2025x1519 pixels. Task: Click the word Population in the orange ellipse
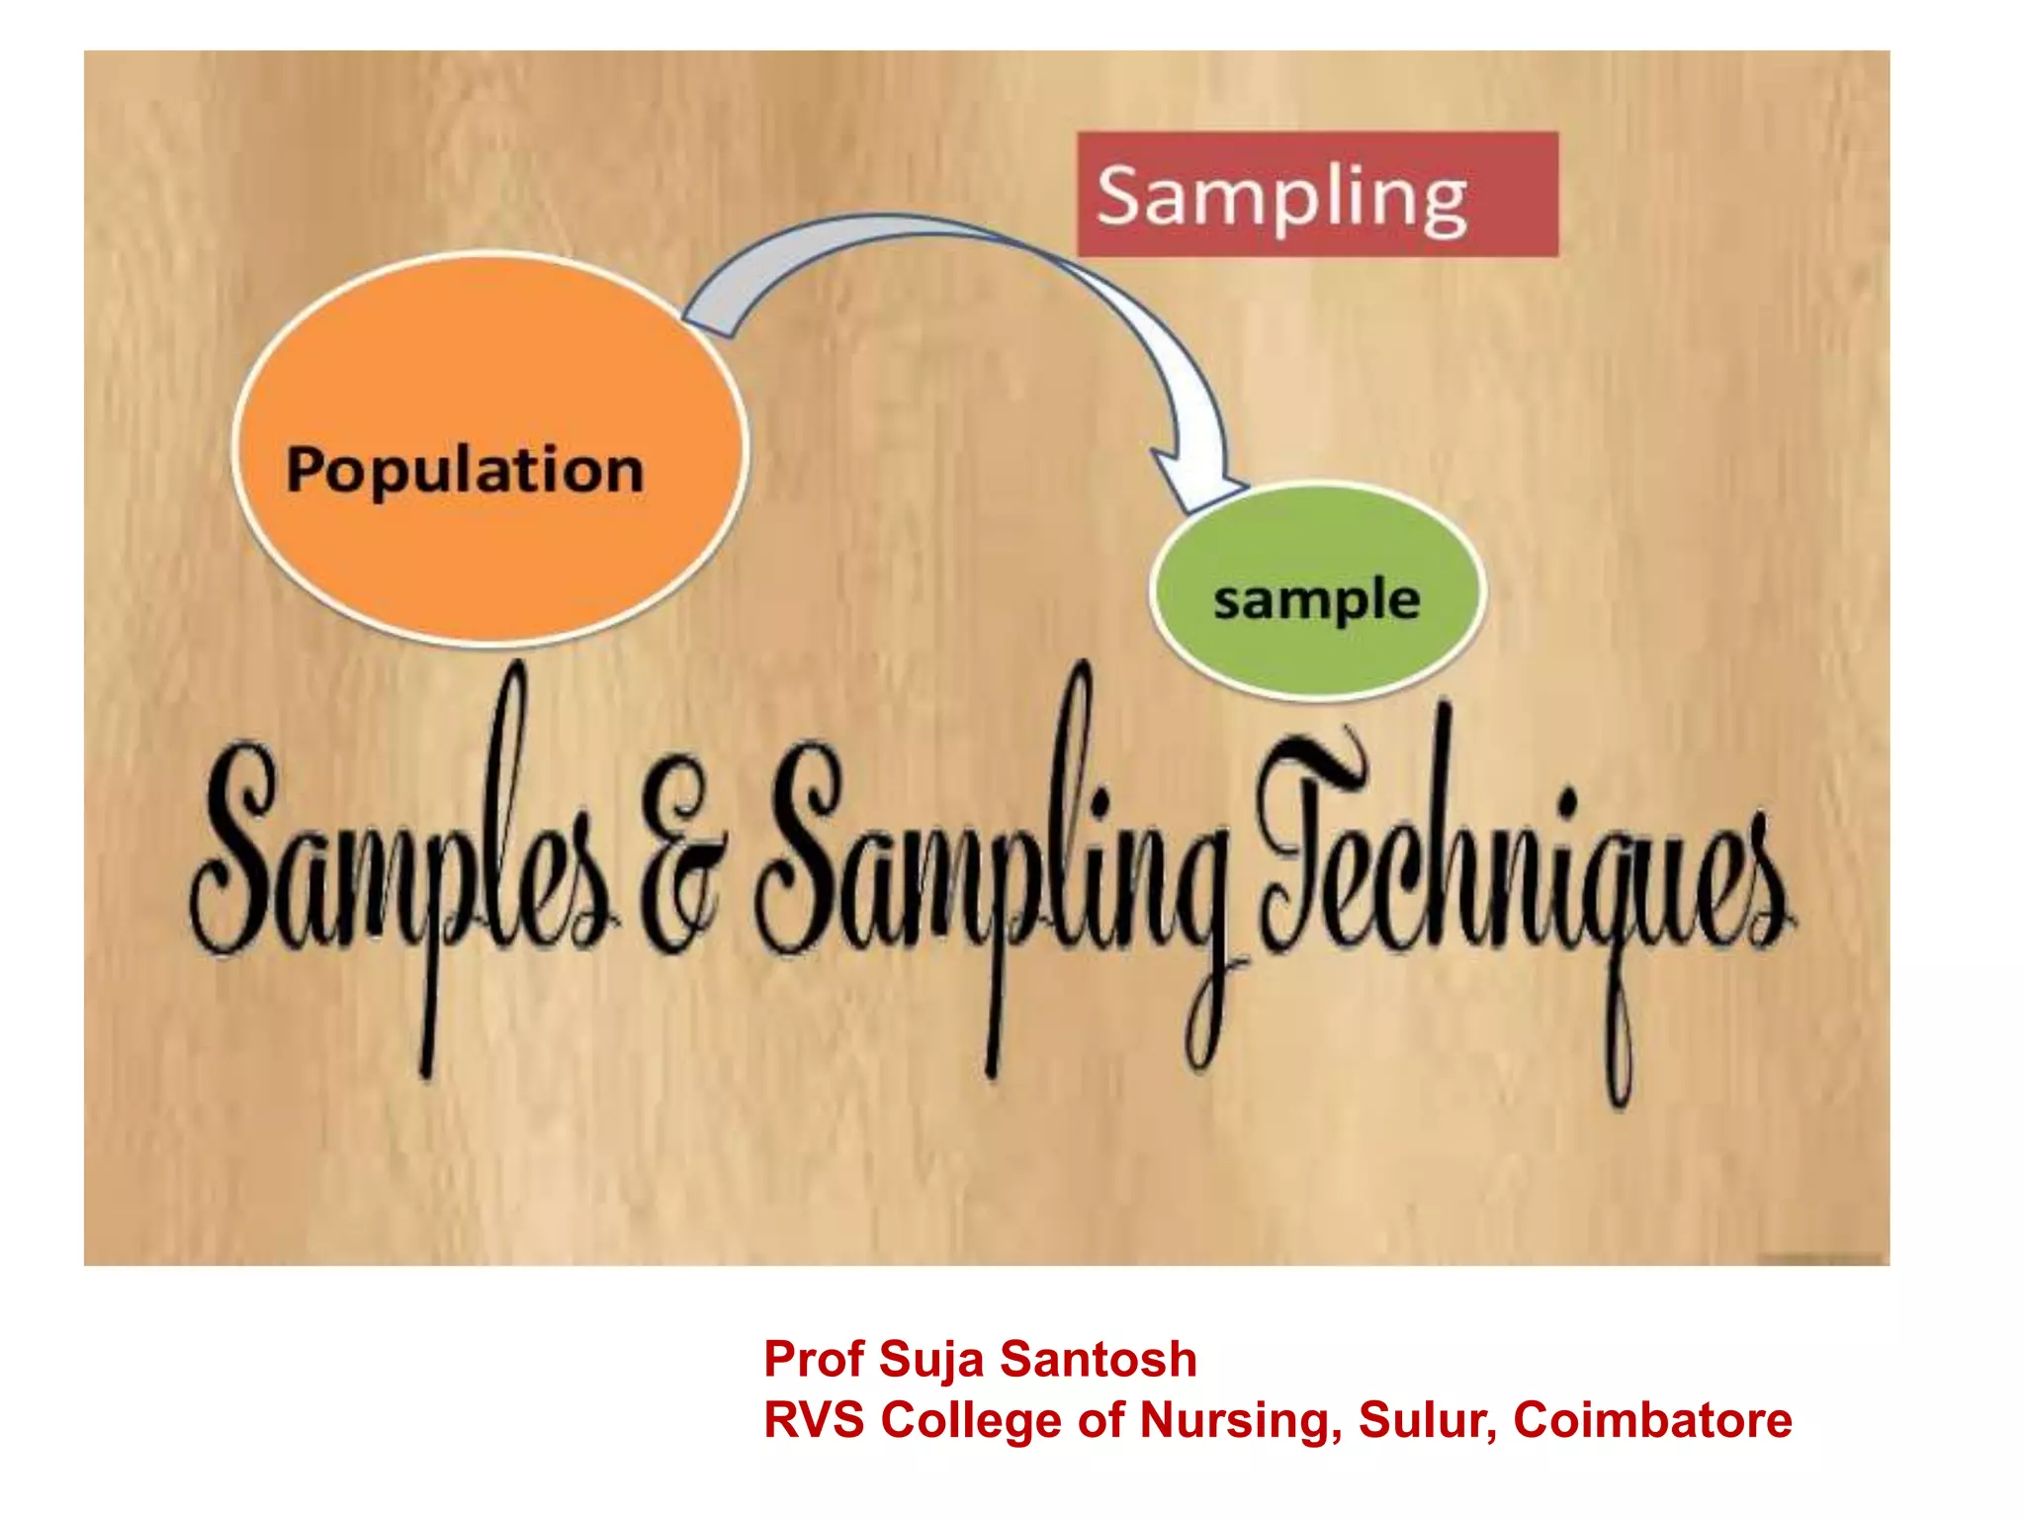pos(465,470)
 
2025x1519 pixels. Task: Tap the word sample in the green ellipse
pos(1317,600)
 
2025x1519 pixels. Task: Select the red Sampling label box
pos(1317,195)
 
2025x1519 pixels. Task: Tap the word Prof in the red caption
pos(814,1359)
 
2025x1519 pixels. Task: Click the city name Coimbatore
pos(1652,1420)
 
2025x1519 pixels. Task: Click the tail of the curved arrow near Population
pos(707,316)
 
